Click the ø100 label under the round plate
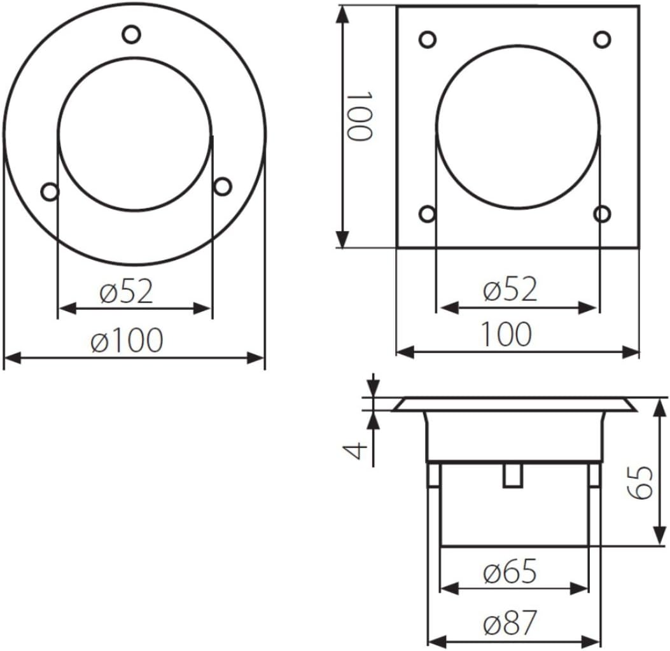coord(127,340)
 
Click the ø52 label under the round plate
coord(126,291)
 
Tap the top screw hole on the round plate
coord(131,34)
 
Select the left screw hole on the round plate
coord(50,191)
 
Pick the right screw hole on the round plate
coord(223,186)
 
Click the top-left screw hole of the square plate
coord(428,39)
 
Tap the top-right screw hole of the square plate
coord(603,39)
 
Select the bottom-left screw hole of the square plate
coord(428,214)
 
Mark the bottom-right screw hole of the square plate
coord(603,213)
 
